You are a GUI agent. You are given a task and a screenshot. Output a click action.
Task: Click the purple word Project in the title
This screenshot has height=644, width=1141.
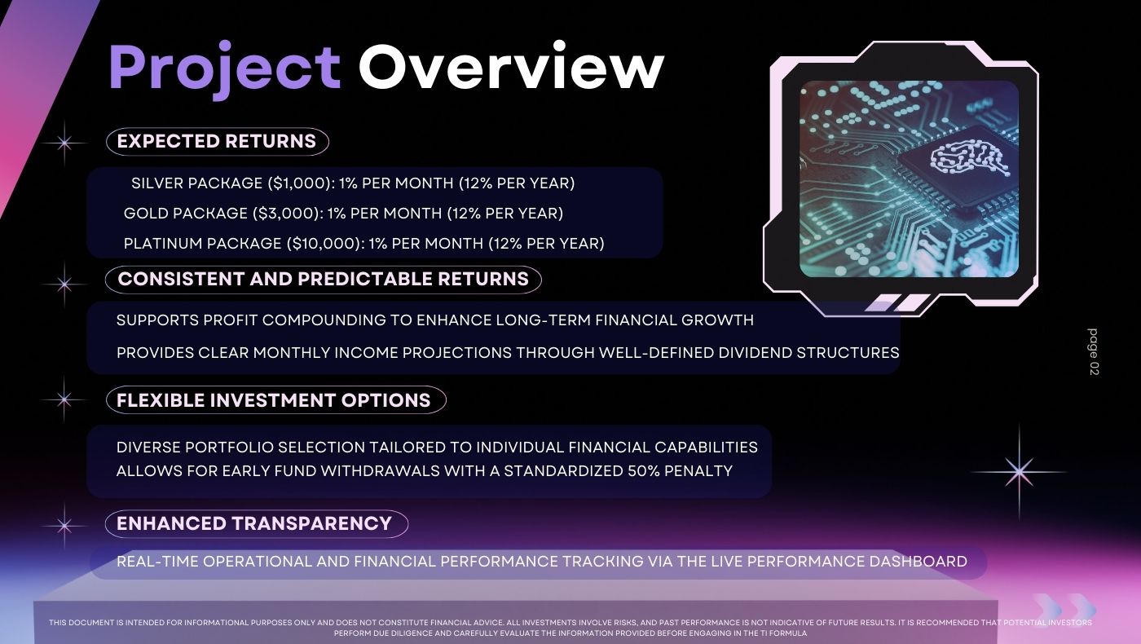pyautogui.click(x=225, y=68)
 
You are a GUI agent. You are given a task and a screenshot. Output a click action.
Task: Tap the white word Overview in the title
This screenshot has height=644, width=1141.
pyautogui.click(x=512, y=66)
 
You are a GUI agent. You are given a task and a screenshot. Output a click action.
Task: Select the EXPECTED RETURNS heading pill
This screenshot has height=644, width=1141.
pyautogui.click(x=217, y=141)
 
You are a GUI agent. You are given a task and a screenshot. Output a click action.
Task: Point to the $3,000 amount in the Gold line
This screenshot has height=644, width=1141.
pyautogui.click(x=286, y=214)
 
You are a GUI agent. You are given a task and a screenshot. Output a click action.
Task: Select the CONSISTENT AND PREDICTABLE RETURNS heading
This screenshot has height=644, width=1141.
pyautogui.click(x=323, y=279)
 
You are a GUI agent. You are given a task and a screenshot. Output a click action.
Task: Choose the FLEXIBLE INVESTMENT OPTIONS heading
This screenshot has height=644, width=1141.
pyautogui.click(x=275, y=400)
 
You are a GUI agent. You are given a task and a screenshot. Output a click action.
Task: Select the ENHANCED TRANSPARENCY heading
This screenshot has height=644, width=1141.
pyautogui.click(x=256, y=523)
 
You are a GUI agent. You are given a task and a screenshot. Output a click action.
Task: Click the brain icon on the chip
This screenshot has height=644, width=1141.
pyautogui.click(x=968, y=159)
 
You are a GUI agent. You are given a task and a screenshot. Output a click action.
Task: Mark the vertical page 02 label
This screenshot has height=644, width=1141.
pyautogui.click(x=1093, y=352)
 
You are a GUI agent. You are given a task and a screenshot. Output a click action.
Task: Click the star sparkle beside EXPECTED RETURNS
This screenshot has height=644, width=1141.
pyautogui.click(x=64, y=143)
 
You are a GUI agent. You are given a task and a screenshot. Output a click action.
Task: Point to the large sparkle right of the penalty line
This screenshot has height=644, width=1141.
pyautogui.click(x=1019, y=472)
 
